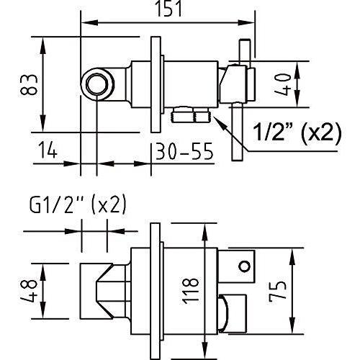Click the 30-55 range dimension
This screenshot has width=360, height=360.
pos(184,152)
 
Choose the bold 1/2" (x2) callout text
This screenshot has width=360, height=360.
pos(296,132)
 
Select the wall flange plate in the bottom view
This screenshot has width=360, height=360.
pos(154,288)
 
